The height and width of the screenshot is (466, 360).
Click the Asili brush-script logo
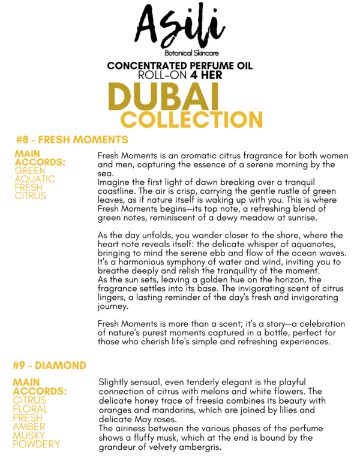point(180,26)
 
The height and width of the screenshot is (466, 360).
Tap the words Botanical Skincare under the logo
point(180,53)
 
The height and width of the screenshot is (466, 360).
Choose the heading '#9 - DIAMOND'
point(49,365)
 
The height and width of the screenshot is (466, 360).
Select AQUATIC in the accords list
point(34,179)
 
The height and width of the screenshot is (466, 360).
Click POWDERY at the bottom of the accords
point(36,444)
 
